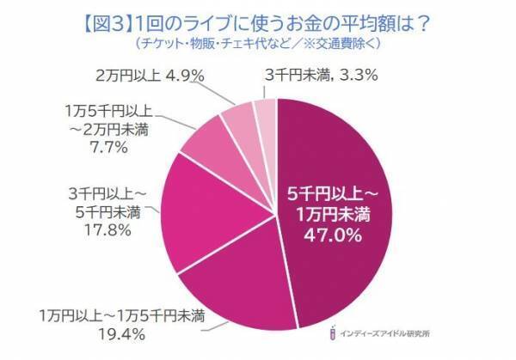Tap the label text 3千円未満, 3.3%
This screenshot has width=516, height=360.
click(320, 76)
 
